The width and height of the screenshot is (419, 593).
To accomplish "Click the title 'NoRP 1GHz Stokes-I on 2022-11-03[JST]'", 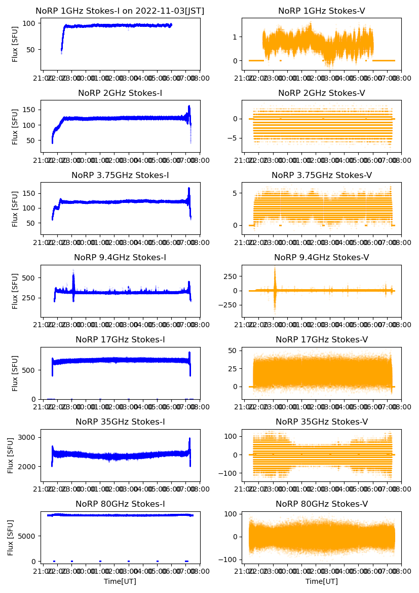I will click(120, 11).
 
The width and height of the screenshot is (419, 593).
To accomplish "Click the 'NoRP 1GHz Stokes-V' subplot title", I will click(322, 11).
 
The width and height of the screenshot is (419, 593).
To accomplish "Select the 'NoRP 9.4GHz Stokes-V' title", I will click(322, 258).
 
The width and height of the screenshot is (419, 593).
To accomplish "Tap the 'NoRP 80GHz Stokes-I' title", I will click(120, 504).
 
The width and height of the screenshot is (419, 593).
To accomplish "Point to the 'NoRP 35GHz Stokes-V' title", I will click(322, 422).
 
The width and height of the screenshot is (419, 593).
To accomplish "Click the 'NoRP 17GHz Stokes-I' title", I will click(120, 340).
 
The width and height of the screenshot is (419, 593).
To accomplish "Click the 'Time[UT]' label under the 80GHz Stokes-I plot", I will click(120, 581).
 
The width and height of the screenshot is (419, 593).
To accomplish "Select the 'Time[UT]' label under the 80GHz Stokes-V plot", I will click(322, 581).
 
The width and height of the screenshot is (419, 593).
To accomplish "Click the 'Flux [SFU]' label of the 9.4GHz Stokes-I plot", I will click(15, 291).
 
